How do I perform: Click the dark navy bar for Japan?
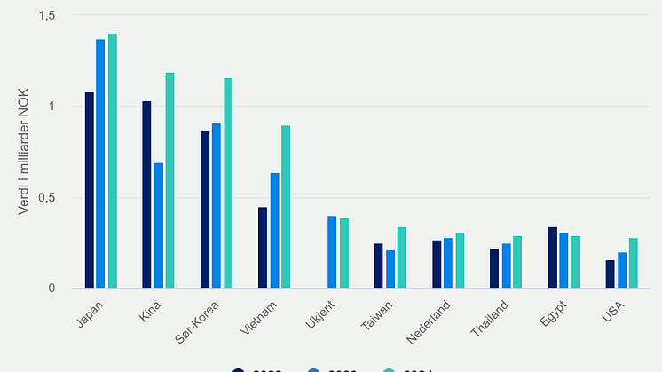(x=90, y=190)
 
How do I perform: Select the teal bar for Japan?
(x=113, y=161)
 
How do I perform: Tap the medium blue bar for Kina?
(x=159, y=226)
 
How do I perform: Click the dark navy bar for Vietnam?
(x=263, y=248)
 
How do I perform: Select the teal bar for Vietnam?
(x=286, y=207)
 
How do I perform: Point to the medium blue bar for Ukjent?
(x=332, y=252)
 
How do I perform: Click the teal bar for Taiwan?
(x=401, y=257)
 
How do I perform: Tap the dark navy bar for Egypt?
(x=552, y=257)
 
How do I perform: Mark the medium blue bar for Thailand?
(x=506, y=265)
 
